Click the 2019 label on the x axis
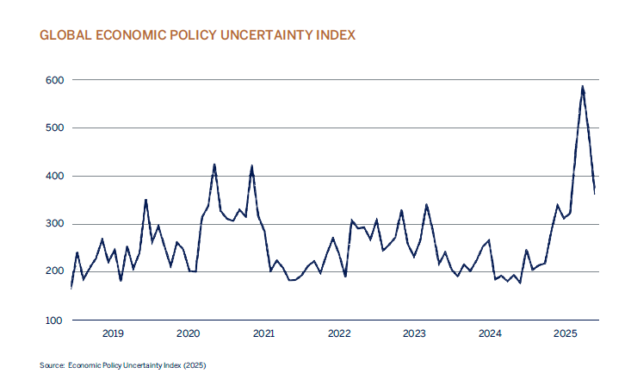point(114,333)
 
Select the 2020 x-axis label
point(189,333)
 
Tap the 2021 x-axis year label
point(263,333)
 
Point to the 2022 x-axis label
point(339,333)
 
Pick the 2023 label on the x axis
point(414,333)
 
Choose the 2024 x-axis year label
point(490,333)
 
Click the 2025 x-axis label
point(565,333)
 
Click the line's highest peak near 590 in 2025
point(583,86)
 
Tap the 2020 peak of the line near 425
point(214,165)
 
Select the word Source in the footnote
point(51,366)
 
